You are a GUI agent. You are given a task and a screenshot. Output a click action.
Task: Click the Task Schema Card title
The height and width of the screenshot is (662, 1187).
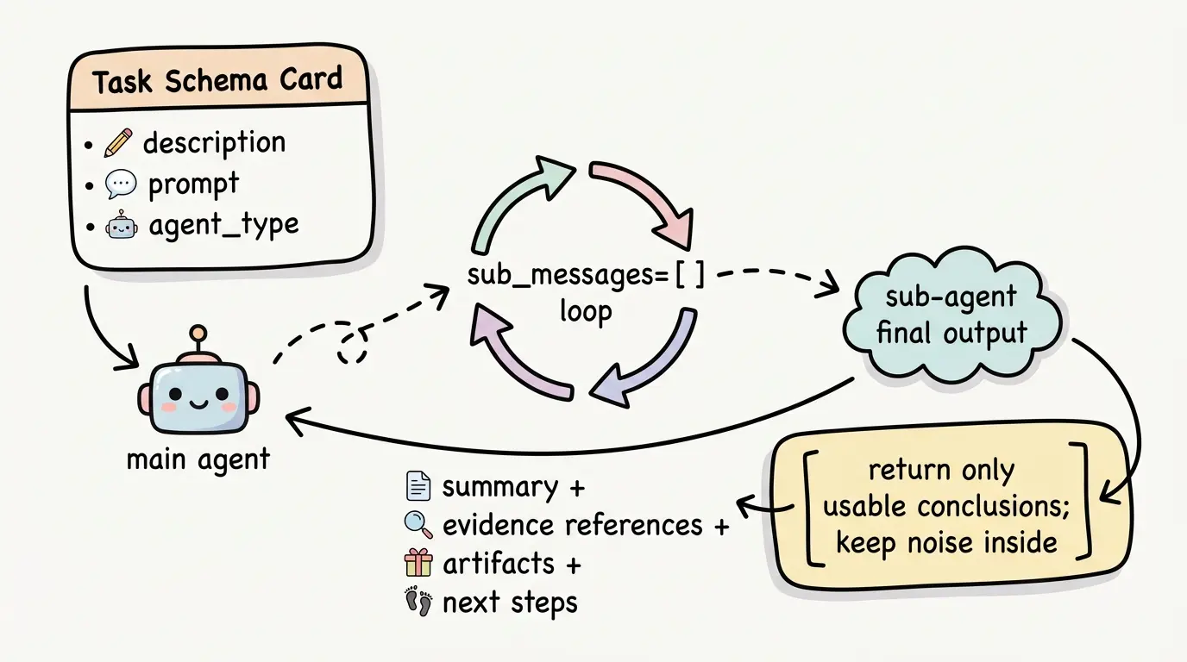[217, 81]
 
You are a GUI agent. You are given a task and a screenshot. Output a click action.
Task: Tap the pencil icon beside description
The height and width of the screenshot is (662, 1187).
[117, 143]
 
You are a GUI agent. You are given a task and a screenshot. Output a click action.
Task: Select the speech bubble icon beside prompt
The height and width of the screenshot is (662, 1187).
[120, 184]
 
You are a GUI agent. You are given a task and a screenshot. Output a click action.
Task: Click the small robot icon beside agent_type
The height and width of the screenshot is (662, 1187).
[120, 227]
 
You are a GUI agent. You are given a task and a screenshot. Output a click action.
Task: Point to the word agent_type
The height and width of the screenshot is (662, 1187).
[223, 226]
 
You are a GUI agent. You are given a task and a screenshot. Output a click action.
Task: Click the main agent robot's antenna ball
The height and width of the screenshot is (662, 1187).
[198, 332]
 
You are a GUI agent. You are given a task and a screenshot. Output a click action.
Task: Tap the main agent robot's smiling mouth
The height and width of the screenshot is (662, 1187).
[197, 403]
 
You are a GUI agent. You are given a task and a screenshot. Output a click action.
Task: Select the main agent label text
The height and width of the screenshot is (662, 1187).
[198, 459]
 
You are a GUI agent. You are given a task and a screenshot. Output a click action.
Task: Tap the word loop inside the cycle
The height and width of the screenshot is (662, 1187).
[585, 310]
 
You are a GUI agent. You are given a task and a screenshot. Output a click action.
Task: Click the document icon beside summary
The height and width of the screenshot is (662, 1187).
[418, 487]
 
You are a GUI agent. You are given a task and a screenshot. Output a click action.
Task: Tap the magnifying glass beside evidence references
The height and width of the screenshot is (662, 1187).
[418, 524]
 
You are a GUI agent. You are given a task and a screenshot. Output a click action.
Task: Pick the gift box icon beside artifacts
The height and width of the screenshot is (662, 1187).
[418, 563]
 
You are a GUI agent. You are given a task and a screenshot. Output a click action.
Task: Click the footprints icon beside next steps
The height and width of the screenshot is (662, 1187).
[418, 602]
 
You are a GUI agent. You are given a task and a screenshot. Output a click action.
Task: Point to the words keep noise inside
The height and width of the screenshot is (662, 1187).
[946, 542]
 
